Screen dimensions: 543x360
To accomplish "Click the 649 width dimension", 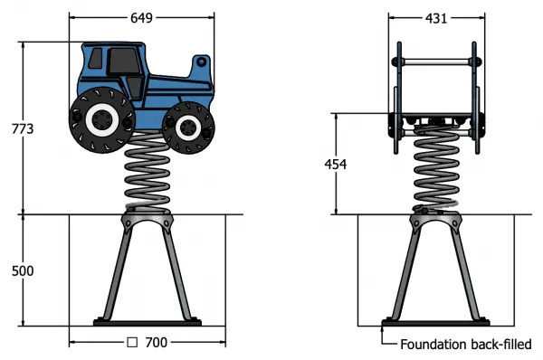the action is tap(141, 18).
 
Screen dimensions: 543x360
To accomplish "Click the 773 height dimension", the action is tap(23, 128).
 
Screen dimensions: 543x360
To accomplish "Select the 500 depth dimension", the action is tap(23, 270).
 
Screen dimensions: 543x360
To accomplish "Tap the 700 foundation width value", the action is tap(157, 342).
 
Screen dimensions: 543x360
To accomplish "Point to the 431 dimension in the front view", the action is tap(436, 18).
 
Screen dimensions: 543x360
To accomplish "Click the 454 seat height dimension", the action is tap(336, 164).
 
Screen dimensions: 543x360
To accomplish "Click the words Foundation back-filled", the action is tap(466, 345).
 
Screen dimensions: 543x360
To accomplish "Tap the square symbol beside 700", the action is tap(132, 342).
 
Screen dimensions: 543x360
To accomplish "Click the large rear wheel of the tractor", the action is tap(101, 119).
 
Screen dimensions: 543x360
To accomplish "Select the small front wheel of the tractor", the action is tap(188, 128).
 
